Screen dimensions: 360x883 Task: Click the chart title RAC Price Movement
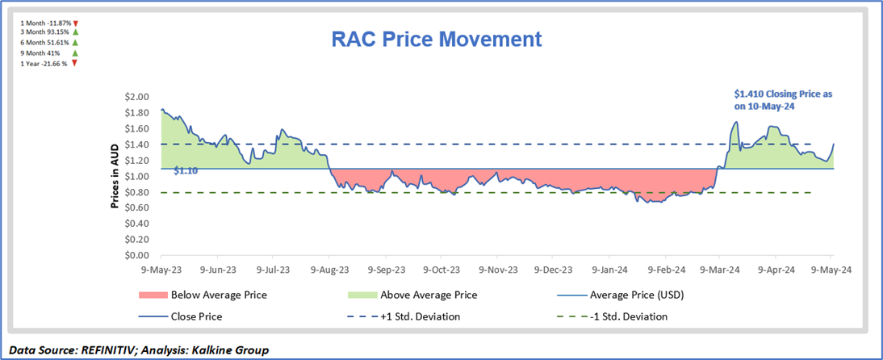tap(437, 39)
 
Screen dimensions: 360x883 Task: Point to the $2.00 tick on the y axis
tap(137, 97)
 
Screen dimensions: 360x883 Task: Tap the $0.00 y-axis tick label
tap(137, 256)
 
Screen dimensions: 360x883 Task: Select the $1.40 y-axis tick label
tap(137, 144)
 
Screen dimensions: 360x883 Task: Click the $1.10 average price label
tap(186, 171)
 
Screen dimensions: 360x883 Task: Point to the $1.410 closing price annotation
tap(786, 99)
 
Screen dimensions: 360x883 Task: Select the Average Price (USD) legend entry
tap(642, 295)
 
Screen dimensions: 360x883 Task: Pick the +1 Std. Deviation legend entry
tap(420, 316)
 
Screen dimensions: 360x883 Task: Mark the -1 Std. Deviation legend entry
tap(627, 316)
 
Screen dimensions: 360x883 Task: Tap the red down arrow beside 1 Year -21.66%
tap(74, 63)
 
